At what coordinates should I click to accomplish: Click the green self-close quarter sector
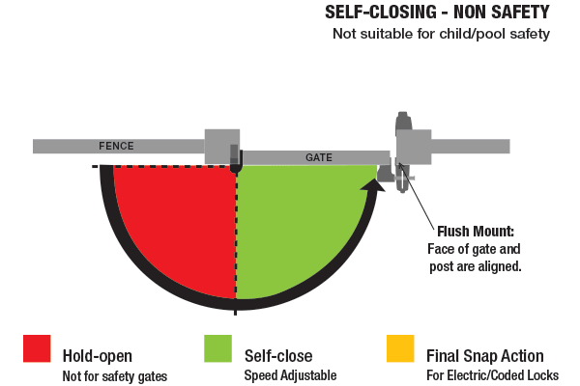[x=290, y=222]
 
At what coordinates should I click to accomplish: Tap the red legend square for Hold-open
[x=37, y=348]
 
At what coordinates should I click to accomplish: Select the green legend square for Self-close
[x=217, y=348]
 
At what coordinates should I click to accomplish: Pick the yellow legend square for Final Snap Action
[x=399, y=348]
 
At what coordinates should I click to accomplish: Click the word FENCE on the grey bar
[x=116, y=147]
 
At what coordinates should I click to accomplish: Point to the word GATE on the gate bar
[x=319, y=156]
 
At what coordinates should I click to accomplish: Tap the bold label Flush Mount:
[x=476, y=232]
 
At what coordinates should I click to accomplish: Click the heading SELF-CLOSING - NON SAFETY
[x=437, y=14]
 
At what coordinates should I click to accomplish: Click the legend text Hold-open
[x=97, y=356]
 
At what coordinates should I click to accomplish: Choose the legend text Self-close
[x=277, y=356]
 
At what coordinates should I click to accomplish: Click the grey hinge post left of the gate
[x=221, y=147]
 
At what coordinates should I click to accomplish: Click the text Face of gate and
[x=474, y=249]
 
